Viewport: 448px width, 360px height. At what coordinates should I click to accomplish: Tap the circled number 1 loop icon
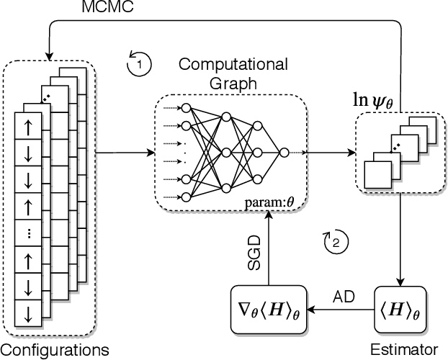pyautogui.click(x=138, y=64)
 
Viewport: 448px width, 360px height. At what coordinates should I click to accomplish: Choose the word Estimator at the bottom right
pyautogui.click(x=403, y=351)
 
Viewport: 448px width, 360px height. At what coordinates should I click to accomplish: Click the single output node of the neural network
pyautogui.click(x=285, y=153)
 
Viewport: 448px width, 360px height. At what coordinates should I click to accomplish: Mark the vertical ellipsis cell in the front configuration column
pyautogui.click(x=28, y=233)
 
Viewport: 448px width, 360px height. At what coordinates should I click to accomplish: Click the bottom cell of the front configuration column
pyautogui.click(x=28, y=313)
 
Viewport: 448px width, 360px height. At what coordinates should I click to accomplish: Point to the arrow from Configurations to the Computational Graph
pyautogui.click(x=125, y=153)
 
